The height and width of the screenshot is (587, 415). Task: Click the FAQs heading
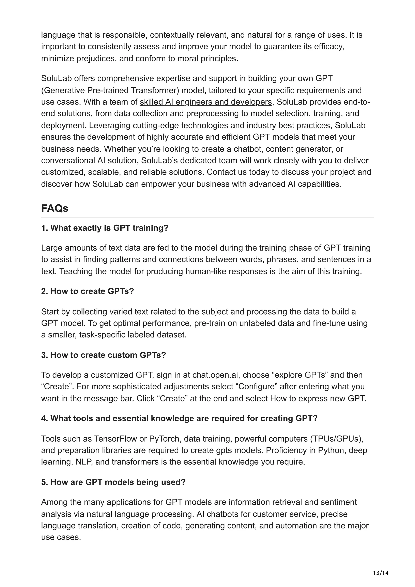coord(55,209)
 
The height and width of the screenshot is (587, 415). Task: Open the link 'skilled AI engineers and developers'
coord(206,102)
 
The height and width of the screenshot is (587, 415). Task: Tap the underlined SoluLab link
coord(350,126)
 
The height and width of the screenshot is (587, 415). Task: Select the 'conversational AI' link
coord(73,161)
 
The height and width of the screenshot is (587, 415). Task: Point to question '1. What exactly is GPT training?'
coord(105,228)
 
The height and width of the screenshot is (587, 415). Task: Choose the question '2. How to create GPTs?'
coord(88,291)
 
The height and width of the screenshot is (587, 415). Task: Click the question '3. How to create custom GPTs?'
coord(104,355)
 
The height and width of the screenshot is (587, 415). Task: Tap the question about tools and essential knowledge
coord(179,418)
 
